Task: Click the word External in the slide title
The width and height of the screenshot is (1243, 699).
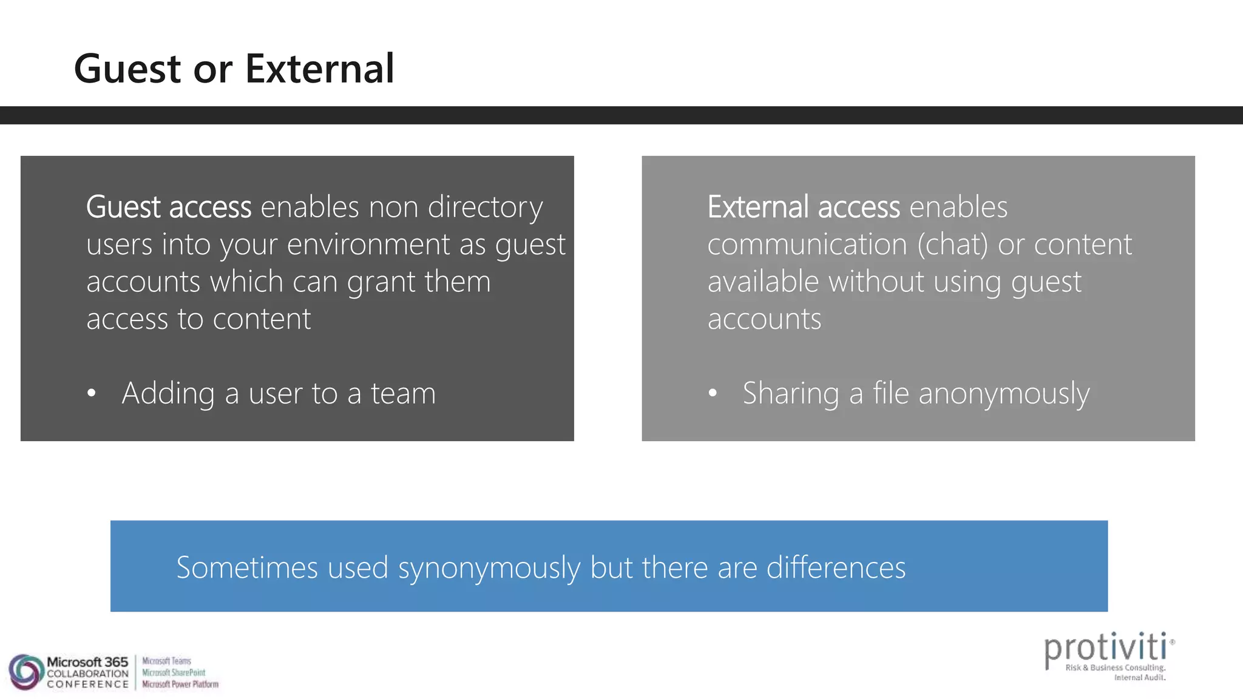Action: pyautogui.click(x=319, y=69)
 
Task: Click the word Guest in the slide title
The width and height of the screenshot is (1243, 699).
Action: pyautogui.click(x=127, y=69)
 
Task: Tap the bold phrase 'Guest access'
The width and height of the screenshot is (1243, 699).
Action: pyautogui.click(x=169, y=207)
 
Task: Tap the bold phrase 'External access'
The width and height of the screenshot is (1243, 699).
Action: pyautogui.click(x=804, y=207)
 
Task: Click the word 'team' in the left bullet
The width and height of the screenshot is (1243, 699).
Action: pyautogui.click(x=403, y=393)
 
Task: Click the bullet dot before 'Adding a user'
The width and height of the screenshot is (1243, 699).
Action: pyautogui.click(x=92, y=393)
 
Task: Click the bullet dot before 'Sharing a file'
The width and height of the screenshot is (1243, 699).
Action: pyautogui.click(x=713, y=393)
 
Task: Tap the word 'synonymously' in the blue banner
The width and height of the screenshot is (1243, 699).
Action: pyautogui.click(x=489, y=569)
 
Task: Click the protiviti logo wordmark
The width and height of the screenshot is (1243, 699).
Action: pyautogui.click(x=1105, y=648)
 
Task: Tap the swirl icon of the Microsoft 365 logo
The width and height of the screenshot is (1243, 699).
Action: pyautogui.click(x=25, y=672)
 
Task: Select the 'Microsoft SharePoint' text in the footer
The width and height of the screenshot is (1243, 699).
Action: pyautogui.click(x=174, y=672)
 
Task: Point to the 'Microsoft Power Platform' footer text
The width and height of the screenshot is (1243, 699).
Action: pyautogui.click(x=180, y=684)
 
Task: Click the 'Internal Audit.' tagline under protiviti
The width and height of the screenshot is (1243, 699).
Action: pyautogui.click(x=1139, y=678)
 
